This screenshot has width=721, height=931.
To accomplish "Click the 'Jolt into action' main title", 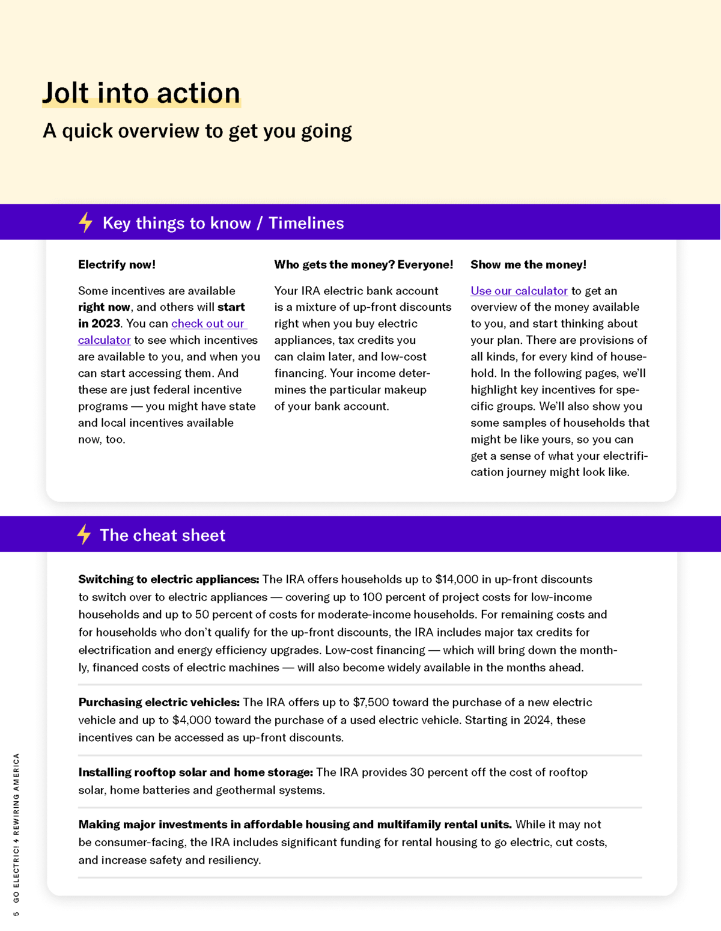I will [x=141, y=93].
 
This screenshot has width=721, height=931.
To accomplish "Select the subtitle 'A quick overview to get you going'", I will [x=197, y=131].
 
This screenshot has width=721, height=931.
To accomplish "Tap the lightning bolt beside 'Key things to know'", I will [x=86, y=222].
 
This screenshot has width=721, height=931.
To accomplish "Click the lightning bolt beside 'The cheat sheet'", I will [x=84, y=534].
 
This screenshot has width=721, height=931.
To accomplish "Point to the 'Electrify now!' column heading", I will [x=117, y=264].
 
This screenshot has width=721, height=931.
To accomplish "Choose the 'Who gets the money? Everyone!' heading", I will [x=364, y=264].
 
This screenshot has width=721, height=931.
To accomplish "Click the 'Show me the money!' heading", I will [x=528, y=264].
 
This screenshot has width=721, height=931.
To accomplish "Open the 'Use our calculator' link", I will [x=519, y=291].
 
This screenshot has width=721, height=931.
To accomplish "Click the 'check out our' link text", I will [x=208, y=323].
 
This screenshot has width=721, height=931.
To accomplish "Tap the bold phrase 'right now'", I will [x=104, y=307].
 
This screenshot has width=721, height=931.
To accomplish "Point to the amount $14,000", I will [x=457, y=579].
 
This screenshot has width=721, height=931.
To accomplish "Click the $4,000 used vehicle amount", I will [x=192, y=720].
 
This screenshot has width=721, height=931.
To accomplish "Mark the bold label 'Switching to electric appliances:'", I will [x=168, y=579].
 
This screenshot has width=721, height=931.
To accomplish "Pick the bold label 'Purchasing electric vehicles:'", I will [x=159, y=702].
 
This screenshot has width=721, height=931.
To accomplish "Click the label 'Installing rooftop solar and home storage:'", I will [x=195, y=772].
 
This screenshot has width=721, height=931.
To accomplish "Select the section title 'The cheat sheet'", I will [x=162, y=535].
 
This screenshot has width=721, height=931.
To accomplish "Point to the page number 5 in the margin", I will [x=16, y=914].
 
